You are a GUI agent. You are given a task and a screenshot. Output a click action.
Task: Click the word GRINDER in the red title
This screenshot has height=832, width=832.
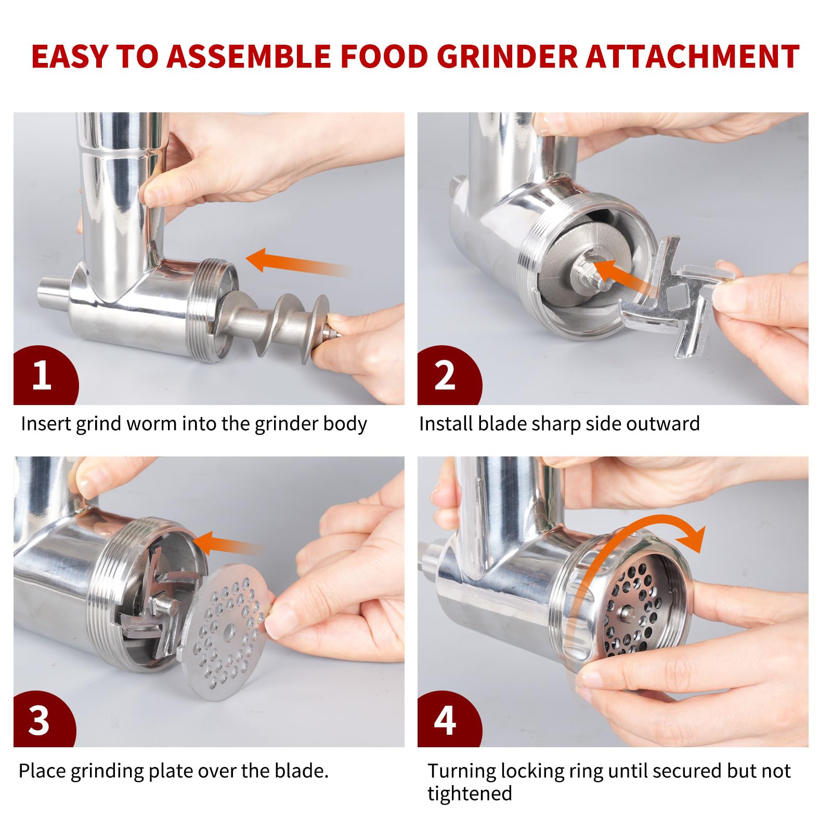(508, 57)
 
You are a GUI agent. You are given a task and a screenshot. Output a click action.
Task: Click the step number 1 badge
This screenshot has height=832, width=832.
(45, 375)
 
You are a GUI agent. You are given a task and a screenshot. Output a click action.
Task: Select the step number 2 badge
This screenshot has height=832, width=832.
(449, 375)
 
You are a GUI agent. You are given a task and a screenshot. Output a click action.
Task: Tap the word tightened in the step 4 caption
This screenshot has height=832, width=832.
(470, 794)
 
